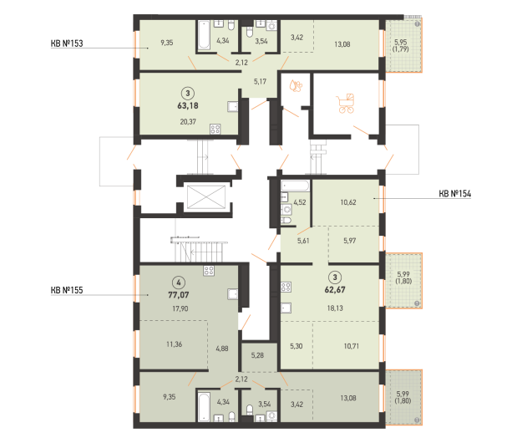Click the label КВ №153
(67, 43)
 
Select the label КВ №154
(454, 194)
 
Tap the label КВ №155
(67, 290)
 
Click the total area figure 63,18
(188, 106)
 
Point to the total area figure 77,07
(179, 295)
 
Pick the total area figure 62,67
(335, 290)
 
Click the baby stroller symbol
(347, 104)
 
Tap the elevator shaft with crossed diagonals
(206, 197)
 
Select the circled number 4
(179, 283)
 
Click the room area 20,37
(188, 122)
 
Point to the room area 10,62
(348, 202)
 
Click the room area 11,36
(174, 344)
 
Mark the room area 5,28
(257, 355)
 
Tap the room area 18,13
(335, 308)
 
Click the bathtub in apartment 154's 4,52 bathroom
(296, 186)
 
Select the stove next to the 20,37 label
(215, 129)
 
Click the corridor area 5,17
(260, 82)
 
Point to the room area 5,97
(350, 241)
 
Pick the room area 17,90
(180, 308)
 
